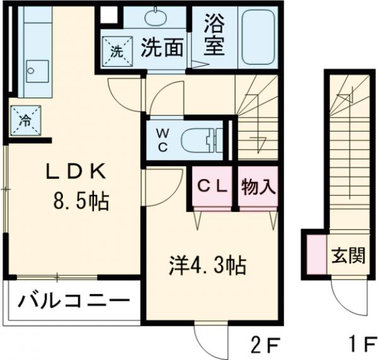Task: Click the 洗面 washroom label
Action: pyautogui.click(x=162, y=48)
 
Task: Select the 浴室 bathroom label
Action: pyautogui.click(x=214, y=37)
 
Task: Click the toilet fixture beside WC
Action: pyautogui.click(x=203, y=140)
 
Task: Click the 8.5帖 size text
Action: pyautogui.click(x=80, y=202)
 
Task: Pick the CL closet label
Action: pyautogui.click(x=212, y=187)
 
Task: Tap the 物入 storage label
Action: pyautogui.click(x=258, y=187)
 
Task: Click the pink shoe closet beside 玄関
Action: pyautogui.click(x=314, y=255)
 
